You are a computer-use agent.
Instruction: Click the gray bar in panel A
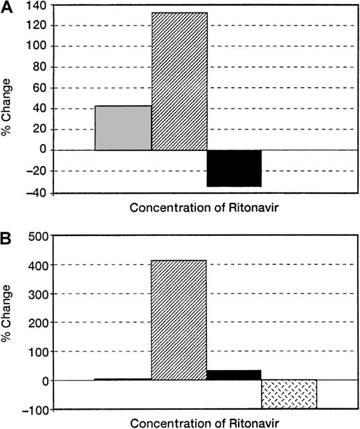123,128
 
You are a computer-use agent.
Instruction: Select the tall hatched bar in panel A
179,81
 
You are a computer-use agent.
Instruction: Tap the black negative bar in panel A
235,168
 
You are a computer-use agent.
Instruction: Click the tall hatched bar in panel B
179,320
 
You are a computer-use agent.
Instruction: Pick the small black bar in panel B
235,375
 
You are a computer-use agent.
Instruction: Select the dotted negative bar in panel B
289,394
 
